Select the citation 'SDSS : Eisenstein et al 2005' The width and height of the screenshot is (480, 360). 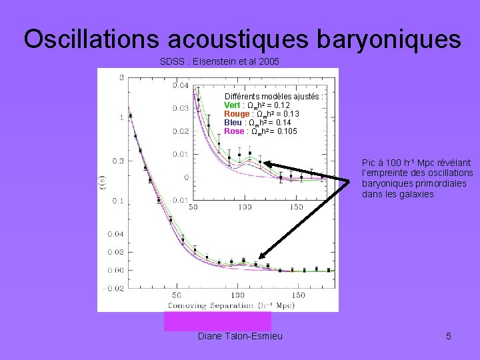click(x=219, y=62)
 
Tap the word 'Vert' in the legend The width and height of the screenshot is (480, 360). click(x=232, y=105)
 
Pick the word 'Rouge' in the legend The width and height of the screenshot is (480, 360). click(x=237, y=114)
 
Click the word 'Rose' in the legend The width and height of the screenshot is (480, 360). click(x=234, y=131)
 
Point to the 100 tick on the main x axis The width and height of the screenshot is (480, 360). click(x=237, y=295)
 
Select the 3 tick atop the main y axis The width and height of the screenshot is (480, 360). click(x=121, y=78)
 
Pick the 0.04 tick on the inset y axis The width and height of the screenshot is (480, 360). click(x=180, y=85)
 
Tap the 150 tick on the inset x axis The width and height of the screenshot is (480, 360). click(x=295, y=207)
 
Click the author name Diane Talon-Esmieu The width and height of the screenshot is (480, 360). click(x=240, y=335)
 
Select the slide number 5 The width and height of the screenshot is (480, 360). click(x=449, y=335)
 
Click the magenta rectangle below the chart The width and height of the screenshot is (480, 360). click(x=217, y=321)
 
